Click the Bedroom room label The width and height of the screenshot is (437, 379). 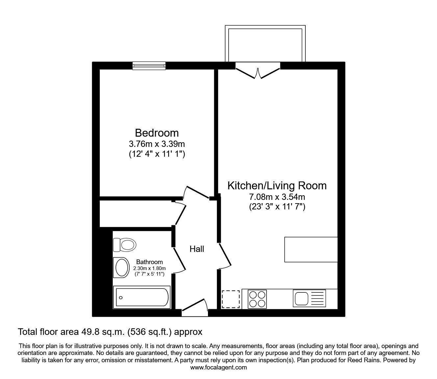[157, 133]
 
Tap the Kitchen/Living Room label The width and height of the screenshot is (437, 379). [277, 185]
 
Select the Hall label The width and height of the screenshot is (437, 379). [197, 249]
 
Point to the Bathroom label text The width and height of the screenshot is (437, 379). [149, 262]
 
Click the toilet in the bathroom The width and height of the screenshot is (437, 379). [125, 245]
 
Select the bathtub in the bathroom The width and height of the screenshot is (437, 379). [141, 297]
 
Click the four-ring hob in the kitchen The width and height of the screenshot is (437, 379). [257, 299]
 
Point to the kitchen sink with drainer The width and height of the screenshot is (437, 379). [309, 298]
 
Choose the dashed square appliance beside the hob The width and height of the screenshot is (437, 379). [231, 299]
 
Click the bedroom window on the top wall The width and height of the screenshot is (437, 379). [149, 66]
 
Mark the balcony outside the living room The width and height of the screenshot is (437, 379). [265, 44]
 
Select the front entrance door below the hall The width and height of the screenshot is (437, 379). [194, 307]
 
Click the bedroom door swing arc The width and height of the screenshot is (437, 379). [196, 193]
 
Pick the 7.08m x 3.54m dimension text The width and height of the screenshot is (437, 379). [277, 197]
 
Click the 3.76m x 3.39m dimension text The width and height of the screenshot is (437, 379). [157, 144]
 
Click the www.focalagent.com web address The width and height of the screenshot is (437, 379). [218, 367]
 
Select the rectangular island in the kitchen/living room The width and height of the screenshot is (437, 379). [311, 249]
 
